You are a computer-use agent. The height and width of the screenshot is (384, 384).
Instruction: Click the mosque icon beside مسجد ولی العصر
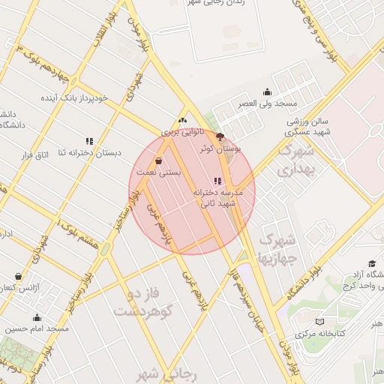pyautogui.click(x=268, y=92)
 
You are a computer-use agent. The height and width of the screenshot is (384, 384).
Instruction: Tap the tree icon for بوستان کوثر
pyautogui.click(x=220, y=136)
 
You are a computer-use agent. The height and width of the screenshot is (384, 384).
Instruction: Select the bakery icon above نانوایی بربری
pyautogui.click(x=182, y=121)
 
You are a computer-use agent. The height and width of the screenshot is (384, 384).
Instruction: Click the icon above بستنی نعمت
pyautogui.click(x=158, y=160)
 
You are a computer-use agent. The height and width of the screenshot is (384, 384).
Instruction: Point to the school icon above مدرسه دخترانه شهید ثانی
pyautogui.click(x=217, y=181)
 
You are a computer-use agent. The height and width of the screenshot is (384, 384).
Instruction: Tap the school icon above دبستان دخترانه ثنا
pyautogui.click(x=89, y=140)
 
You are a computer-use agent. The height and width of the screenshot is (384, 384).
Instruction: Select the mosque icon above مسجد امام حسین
pyautogui.click(x=37, y=317)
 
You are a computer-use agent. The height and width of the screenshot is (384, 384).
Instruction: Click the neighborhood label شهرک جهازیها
pyautogui.click(x=277, y=249)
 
